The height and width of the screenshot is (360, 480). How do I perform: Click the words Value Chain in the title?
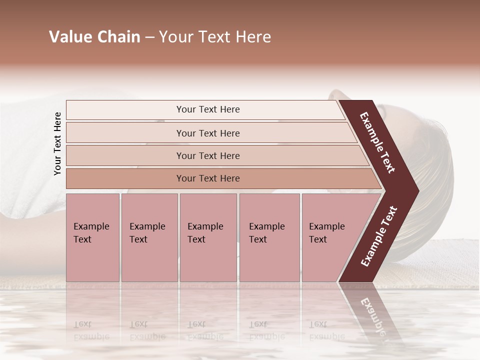coord(94,37)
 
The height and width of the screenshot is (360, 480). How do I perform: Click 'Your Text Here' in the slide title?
coord(215,37)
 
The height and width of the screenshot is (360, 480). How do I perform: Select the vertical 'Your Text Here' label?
coord(57,143)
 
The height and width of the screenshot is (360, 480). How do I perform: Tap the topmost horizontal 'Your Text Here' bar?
coord(208,109)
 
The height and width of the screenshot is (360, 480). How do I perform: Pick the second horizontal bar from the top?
coord(208,133)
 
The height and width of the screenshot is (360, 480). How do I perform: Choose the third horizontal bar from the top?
coord(208,155)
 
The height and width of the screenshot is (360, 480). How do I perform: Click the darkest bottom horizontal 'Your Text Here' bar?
coord(208,178)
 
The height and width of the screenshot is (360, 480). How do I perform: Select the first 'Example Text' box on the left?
coord(92,237)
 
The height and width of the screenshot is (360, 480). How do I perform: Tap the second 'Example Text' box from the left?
coord(149,237)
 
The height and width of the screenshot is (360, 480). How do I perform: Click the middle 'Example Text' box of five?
coord(208,237)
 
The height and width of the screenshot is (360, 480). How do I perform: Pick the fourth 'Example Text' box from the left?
coord(269,237)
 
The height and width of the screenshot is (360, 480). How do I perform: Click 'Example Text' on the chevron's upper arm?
coord(377,142)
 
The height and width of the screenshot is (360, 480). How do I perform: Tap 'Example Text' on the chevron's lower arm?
coord(379,236)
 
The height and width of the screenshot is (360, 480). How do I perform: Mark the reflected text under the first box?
coord(91,330)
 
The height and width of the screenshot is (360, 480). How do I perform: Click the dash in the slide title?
coord(149,37)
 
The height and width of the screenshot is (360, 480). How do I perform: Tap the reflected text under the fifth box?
coord(326,330)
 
